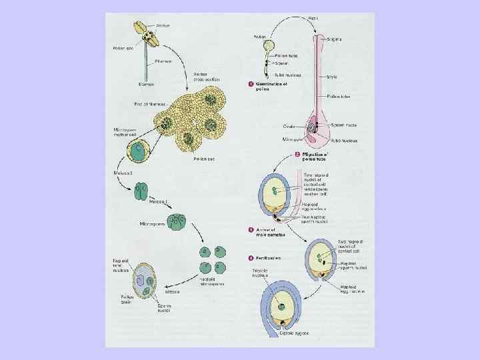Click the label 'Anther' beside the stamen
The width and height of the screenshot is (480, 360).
[x=161, y=25]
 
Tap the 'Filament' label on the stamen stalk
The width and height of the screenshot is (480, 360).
[x=163, y=60]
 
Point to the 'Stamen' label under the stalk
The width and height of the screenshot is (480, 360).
[x=146, y=85]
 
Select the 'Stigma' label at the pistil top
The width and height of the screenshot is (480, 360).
[x=334, y=39]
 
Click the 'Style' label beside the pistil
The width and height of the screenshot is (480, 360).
[x=331, y=77]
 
